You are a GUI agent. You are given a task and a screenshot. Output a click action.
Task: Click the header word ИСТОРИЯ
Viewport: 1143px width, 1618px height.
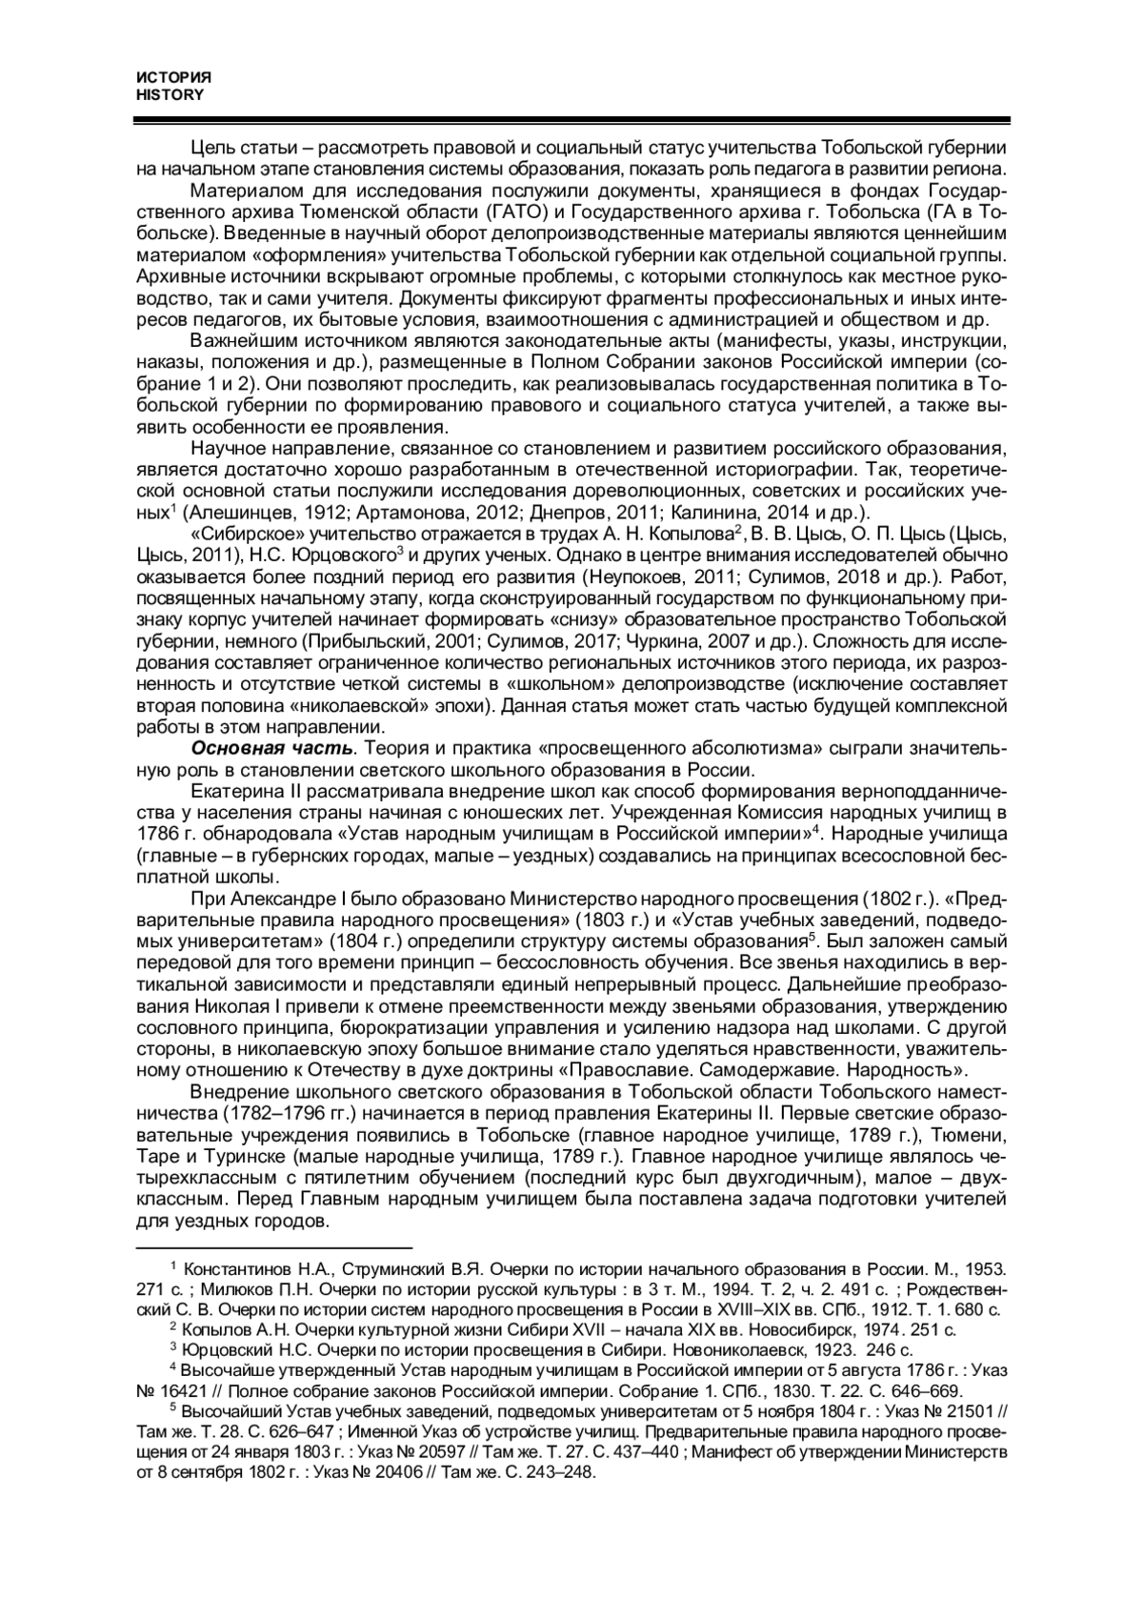click(x=173, y=77)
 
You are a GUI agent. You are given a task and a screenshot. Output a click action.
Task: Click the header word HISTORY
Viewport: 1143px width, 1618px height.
click(x=170, y=94)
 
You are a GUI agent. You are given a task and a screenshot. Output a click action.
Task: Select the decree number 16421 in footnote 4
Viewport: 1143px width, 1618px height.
click(x=180, y=1389)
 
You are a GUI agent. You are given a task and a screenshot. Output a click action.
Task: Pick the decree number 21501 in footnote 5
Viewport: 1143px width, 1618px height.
click(x=961, y=1410)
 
